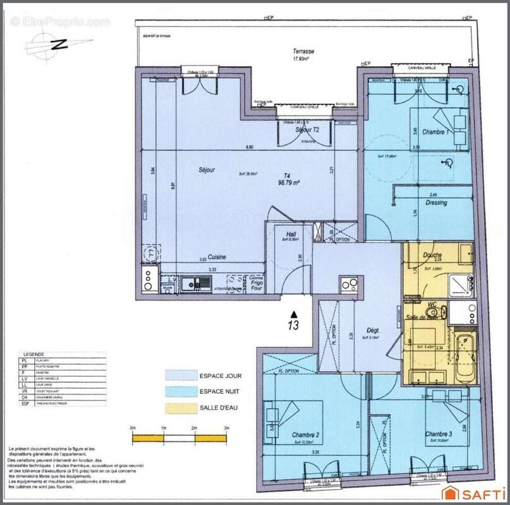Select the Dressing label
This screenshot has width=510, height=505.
click(x=437, y=203)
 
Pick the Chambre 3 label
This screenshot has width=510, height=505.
click(x=439, y=434)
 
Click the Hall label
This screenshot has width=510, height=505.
click(x=291, y=234)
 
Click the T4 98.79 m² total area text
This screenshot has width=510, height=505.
click(x=288, y=180)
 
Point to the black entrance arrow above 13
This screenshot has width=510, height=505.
click(x=293, y=312)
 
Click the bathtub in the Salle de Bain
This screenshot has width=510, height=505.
click(x=466, y=360)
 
